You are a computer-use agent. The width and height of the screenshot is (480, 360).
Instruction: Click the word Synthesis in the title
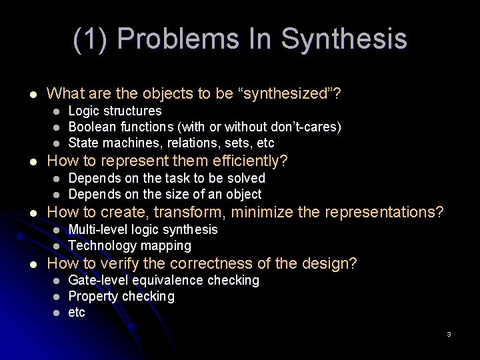click(344, 39)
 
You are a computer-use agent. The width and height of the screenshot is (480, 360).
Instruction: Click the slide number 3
click(449, 334)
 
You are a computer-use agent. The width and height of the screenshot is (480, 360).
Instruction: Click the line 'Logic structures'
click(115, 111)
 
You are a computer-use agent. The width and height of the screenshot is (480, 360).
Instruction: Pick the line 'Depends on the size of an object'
click(165, 194)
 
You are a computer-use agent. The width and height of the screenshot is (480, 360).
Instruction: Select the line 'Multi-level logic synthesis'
click(143, 229)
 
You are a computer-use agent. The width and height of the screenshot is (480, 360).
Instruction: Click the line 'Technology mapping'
click(129, 245)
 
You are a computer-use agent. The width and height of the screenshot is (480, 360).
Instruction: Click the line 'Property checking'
click(121, 296)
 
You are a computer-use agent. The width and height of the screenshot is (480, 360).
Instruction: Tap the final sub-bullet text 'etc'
click(77, 312)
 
